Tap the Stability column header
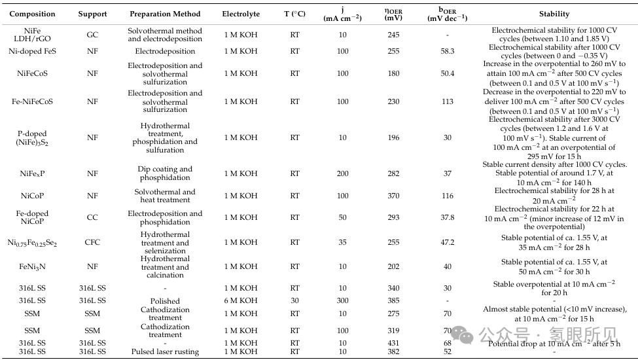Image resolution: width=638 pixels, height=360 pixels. (x=554, y=14)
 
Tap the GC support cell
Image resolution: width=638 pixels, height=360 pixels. (x=92, y=35)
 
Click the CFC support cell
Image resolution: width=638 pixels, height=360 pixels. (x=92, y=242)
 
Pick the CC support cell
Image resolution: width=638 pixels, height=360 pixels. (x=92, y=217)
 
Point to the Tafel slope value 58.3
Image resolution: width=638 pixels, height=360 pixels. (x=447, y=51)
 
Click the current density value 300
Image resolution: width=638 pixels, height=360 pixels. (x=342, y=301)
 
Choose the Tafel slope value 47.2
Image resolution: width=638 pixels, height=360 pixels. (x=447, y=242)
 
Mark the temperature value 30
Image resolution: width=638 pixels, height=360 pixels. (x=294, y=301)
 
